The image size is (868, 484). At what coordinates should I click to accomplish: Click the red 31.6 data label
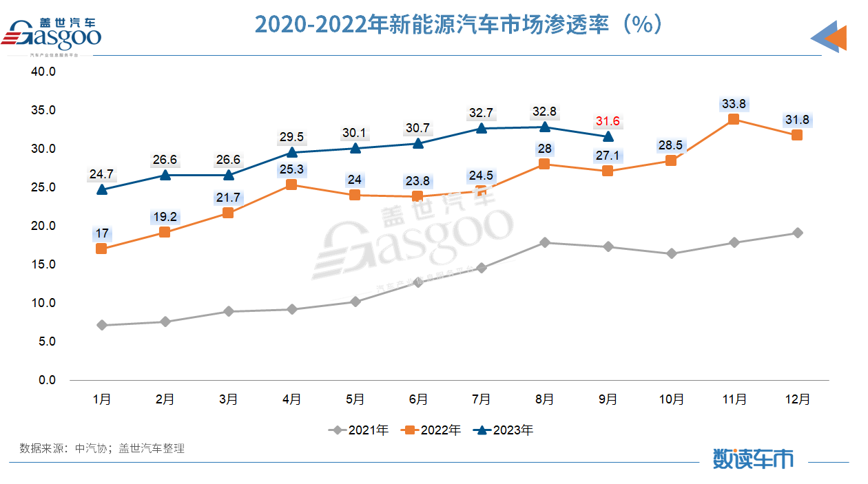tap(608, 121)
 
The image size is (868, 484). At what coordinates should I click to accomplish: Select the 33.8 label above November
tap(734, 104)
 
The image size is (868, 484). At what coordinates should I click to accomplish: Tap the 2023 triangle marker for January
tap(102, 189)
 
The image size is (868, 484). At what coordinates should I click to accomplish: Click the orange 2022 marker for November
tap(734, 119)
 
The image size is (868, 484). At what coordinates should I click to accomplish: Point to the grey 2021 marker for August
tap(544, 242)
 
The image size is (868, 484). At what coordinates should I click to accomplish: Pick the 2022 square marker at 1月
tap(102, 249)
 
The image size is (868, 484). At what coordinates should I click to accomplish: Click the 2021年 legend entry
tap(360, 430)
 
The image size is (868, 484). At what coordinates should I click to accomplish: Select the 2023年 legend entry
tap(504, 430)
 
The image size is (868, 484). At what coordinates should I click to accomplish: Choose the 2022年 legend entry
tap(432, 430)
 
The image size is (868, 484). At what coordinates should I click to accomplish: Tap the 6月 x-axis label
tap(418, 399)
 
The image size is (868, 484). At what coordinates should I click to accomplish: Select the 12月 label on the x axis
tap(797, 399)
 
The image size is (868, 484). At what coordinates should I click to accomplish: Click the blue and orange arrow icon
tap(829, 36)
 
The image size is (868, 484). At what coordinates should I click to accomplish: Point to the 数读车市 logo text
tap(752, 458)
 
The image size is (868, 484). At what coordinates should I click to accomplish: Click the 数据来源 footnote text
tap(102, 448)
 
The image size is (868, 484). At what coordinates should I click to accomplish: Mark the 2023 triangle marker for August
tap(544, 127)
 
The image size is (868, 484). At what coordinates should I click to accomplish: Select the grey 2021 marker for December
tap(797, 233)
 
